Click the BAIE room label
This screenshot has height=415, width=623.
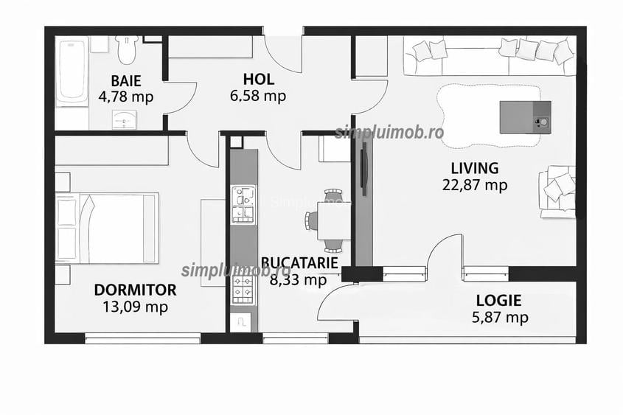[126, 80]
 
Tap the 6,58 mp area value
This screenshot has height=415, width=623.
[258, 96]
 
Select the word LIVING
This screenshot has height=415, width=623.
[474, 168]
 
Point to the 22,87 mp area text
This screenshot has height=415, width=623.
[475, 185]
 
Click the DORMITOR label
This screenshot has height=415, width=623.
[135, 290]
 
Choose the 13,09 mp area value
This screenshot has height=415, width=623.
[135, 307]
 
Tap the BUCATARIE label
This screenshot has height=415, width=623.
[299, 263]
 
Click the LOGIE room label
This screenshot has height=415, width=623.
[499, 300]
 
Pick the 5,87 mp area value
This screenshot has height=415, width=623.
[500, 317]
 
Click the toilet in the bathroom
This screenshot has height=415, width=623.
[127, 49]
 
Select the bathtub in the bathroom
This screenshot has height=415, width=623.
[72, 71]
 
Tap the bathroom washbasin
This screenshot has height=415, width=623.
[125, 119]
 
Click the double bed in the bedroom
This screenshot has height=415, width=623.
[108, 228]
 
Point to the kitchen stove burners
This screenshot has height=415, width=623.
[243, 290]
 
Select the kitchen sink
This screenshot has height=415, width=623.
[243, 204]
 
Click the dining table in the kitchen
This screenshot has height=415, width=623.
[334, 221]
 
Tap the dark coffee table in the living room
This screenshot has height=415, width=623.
[525, 117]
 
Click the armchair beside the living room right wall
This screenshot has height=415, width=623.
[557, 192]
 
